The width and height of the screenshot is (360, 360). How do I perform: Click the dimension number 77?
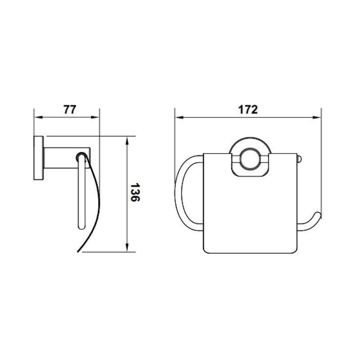(70, 109)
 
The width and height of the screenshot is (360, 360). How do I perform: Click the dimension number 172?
(248, 109)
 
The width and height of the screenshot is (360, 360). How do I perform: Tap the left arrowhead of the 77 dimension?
(38, 117)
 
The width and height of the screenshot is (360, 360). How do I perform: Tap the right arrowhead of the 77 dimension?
(95, 117)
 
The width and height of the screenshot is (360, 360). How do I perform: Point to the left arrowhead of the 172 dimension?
(179, 117)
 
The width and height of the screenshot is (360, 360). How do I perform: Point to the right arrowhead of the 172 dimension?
(317, 117)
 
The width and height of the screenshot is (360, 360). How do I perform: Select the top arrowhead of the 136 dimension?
(127, 140)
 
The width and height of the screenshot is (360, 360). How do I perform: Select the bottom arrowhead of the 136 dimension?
(127, 247)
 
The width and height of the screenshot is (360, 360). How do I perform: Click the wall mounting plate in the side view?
(39, 158)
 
